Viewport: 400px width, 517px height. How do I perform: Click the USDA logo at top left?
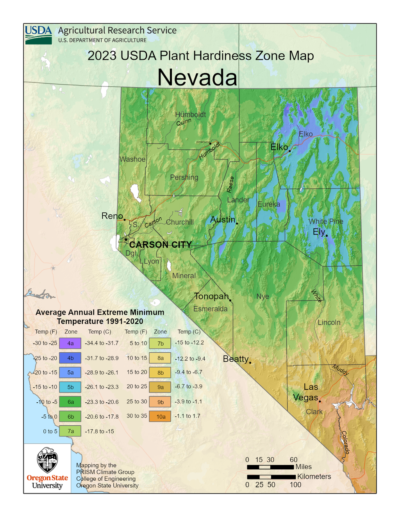[38, 35]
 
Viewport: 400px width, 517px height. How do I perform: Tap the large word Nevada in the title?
[197, 77]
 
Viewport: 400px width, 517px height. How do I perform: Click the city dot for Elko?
[289, 151]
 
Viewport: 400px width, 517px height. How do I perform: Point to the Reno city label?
[112, 216]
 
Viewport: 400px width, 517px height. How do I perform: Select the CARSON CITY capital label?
[160, 245]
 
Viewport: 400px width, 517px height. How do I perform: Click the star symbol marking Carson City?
[126, 240]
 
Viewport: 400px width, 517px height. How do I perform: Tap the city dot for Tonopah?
[230, 300]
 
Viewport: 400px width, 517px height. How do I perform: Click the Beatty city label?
[236, 359]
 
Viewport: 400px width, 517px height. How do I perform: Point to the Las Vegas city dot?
[320, 401]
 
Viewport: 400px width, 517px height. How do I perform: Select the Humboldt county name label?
[190, 114]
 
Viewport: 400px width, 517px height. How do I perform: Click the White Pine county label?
[326, 221]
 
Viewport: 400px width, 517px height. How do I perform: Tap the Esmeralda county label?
[210, 309]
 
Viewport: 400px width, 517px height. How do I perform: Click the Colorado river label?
[345, 442]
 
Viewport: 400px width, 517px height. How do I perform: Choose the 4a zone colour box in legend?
[70, 343]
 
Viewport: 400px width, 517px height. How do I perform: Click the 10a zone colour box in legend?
[161, 417]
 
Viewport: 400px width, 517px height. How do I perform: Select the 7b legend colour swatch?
[160, 343]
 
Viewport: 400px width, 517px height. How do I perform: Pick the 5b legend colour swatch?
[70, 387]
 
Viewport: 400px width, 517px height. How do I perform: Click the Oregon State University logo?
[47, 468]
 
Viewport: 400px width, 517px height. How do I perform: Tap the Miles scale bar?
[270, 467]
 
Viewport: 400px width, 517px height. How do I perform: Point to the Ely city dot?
[327, 236]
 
